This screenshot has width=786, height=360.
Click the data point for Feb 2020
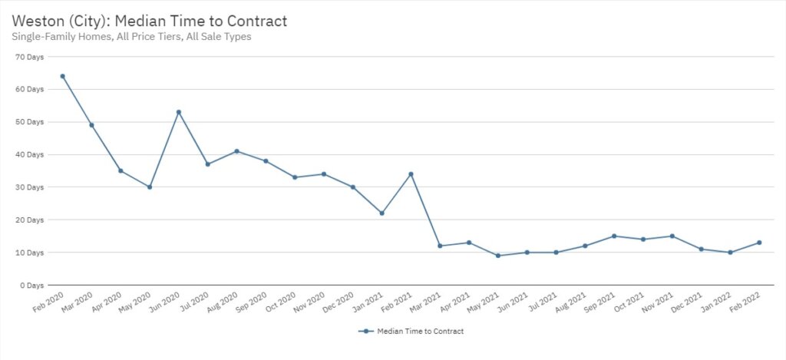[x=62, y=76]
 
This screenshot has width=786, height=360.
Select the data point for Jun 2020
[x=179, y=112]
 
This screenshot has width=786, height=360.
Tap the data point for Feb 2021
[x=411, y=173]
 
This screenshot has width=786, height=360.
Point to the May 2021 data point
[x=498, y=256]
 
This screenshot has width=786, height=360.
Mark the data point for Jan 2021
[x=381, y=213]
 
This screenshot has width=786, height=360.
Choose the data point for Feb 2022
[x=759, y=243]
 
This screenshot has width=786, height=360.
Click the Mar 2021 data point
[x=440, y=246]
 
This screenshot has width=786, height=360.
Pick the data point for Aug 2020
[x=236, y=151]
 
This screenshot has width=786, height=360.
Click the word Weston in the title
[x=38, y=19]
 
